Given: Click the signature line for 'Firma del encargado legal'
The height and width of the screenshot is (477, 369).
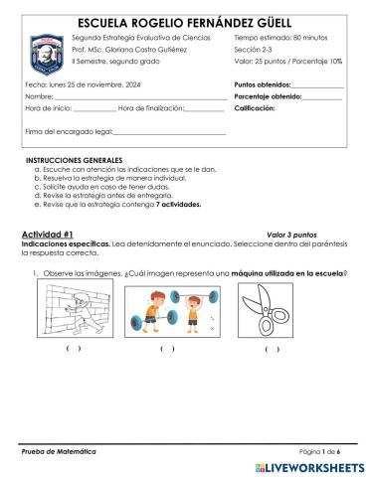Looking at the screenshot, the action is point(169,131).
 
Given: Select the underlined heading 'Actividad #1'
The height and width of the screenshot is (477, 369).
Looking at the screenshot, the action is point(49,231).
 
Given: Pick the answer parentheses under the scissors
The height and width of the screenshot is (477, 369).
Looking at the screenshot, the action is point(272,349).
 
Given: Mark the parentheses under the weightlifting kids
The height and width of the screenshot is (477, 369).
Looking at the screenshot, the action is point(167,349).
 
